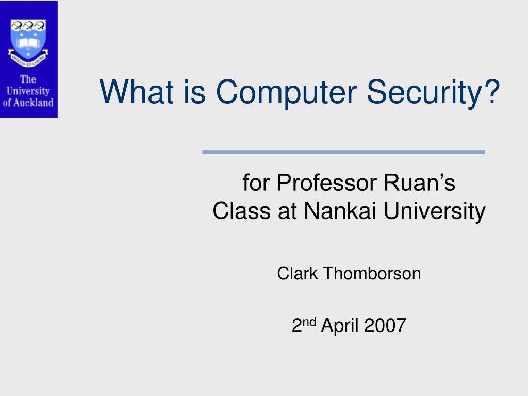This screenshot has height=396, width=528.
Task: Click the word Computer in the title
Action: [x=286, y=92]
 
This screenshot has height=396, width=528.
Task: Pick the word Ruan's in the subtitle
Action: [x=419, y=183]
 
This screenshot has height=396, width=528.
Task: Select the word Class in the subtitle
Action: [x=241, y=211]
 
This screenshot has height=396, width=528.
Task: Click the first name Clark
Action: [x=297, y=273]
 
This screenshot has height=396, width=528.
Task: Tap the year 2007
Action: [x=385, y=325]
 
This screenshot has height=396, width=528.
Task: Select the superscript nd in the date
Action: [x=309, y=322]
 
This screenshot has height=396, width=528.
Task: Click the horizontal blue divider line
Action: [x=343, y=152]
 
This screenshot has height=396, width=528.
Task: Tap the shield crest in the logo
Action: [x=28, y=40]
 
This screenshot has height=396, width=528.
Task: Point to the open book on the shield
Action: [x=28, y=43]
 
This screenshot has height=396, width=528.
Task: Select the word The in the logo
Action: [x=28, y=79]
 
